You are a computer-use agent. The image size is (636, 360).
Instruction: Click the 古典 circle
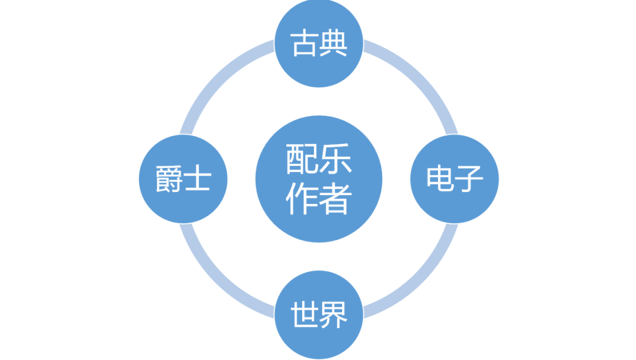[x=319, y=43]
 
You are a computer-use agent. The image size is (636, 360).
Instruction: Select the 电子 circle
[x=454, y=179]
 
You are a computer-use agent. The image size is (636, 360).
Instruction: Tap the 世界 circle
[x=319, y=315]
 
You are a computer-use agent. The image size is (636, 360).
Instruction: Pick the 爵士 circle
[x=183, y=179]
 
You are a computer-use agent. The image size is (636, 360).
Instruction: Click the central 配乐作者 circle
[x=319, y=179]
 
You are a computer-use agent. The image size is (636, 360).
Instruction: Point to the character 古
[x=305, y=44]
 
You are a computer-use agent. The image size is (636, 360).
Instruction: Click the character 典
[x=333, y=44]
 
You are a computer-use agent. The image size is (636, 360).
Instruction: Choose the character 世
[x=305, y=315]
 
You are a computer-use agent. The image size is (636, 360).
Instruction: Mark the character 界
[x=333, y=315]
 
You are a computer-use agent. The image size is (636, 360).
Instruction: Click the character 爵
[x=169, y=179]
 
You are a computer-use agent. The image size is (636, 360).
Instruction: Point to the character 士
[x=198, y=179]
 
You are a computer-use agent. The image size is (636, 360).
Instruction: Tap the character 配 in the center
[x=302, y=160]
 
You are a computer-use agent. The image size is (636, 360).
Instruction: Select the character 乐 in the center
[x=336, y=160]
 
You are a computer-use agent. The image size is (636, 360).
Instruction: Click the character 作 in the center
[x=302, y=199]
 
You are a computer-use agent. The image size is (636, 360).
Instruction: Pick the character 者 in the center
[x=336, y=199]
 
